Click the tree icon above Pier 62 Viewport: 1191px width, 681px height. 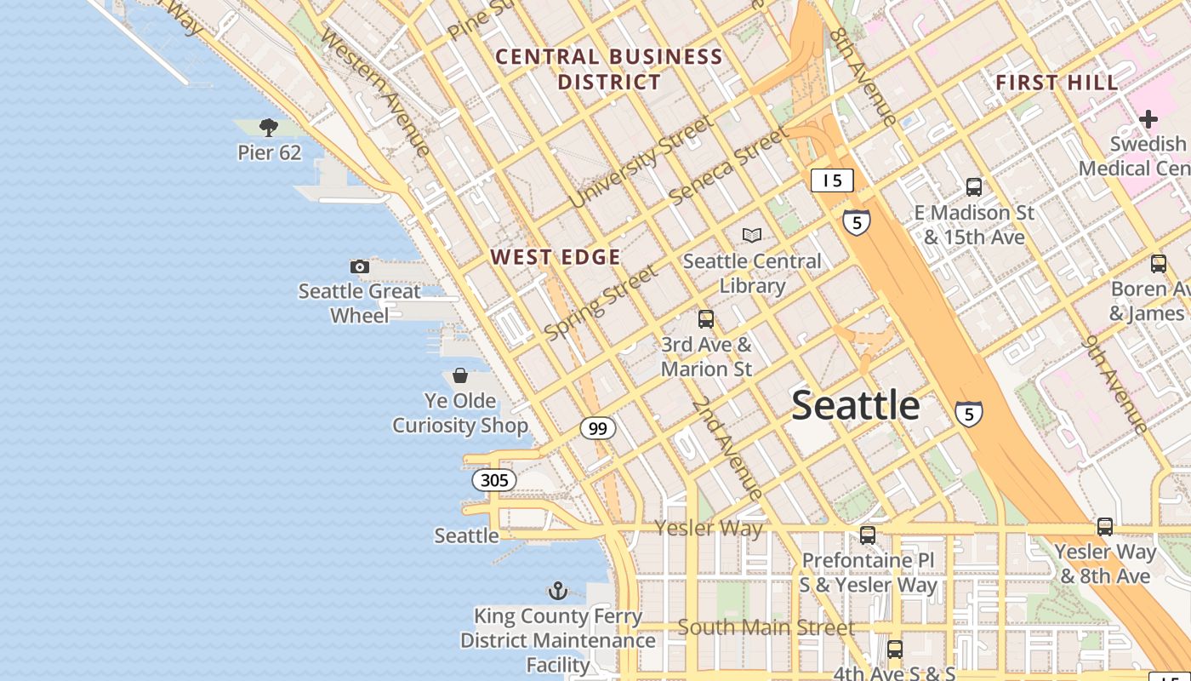269,128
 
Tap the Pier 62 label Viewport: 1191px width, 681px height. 269,153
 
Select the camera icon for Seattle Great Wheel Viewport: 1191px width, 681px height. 360,266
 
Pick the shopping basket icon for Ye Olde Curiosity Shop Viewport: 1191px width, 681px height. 460,375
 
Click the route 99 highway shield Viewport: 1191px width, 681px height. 598,428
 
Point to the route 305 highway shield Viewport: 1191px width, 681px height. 494,480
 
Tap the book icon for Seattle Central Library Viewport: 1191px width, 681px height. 752,235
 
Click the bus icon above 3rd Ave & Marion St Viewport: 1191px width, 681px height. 706,319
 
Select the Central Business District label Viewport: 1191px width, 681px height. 609,70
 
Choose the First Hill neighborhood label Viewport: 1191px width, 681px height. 1057,83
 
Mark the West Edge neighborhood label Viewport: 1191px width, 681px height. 556,257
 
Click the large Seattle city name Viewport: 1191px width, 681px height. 856,405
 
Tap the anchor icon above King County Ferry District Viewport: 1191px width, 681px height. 557,590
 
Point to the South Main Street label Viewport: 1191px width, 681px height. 766,628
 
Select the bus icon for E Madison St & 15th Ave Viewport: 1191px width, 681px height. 974,186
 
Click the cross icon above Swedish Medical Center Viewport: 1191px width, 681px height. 1148,118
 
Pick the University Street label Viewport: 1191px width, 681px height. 642,162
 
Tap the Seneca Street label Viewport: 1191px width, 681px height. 729,165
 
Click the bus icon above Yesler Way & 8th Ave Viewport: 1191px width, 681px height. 1105,527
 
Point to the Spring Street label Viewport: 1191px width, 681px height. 601,303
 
